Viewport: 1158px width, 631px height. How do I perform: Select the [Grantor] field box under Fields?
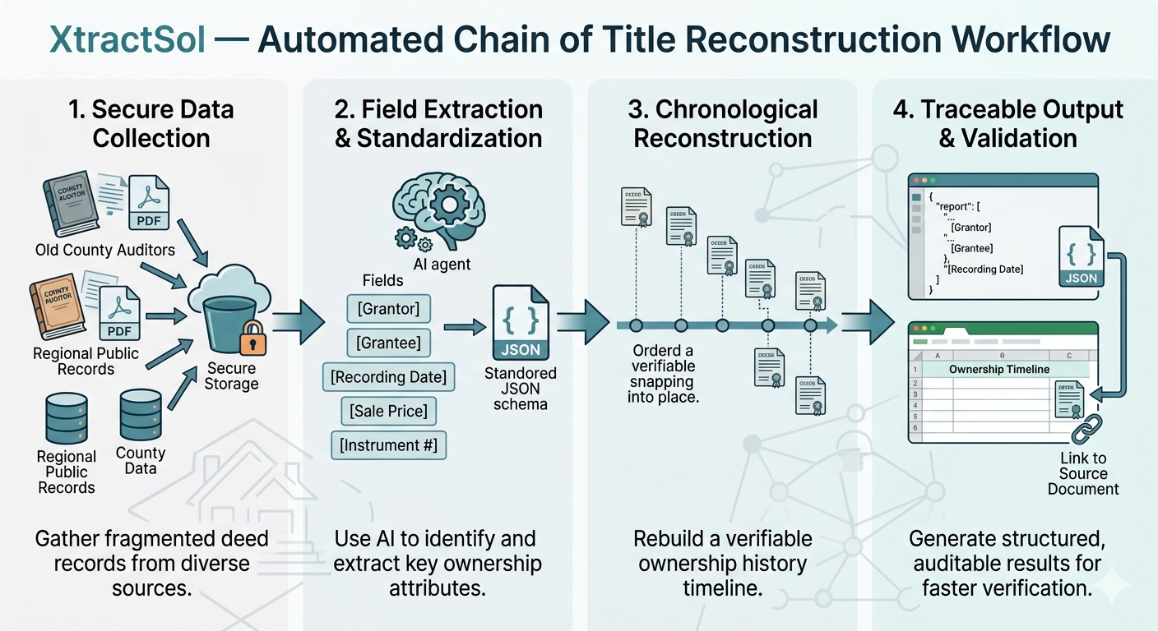388,309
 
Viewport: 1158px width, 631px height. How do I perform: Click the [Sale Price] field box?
388,411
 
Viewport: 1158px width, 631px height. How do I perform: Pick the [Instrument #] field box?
388,445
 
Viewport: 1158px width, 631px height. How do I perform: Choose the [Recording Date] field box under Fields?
388,377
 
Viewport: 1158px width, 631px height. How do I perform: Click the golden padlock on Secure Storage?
252,337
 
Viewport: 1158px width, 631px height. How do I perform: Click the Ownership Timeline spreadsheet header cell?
998,369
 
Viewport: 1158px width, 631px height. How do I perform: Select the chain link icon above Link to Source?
1085,427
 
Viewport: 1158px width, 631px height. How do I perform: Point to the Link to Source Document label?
1083,473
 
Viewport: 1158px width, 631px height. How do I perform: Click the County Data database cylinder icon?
140,416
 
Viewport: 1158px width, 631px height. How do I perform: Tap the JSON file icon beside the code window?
1081,256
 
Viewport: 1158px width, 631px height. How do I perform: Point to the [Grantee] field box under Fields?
388,343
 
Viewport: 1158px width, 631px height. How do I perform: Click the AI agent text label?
442,265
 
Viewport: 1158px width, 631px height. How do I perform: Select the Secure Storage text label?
231,375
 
